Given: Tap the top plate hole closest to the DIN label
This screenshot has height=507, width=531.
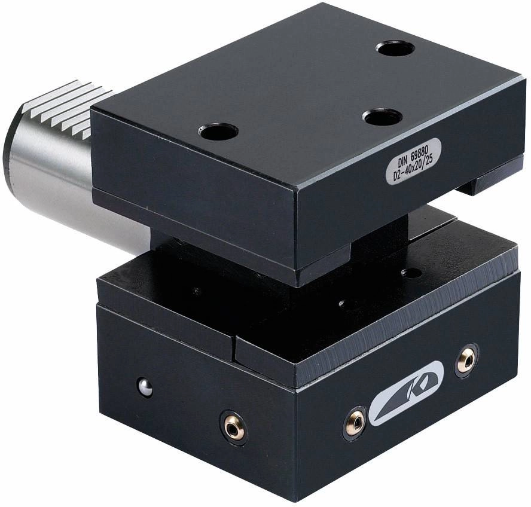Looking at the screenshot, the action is pos(382,117).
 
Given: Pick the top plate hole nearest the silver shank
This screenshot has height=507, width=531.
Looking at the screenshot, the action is pos(218,132).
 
